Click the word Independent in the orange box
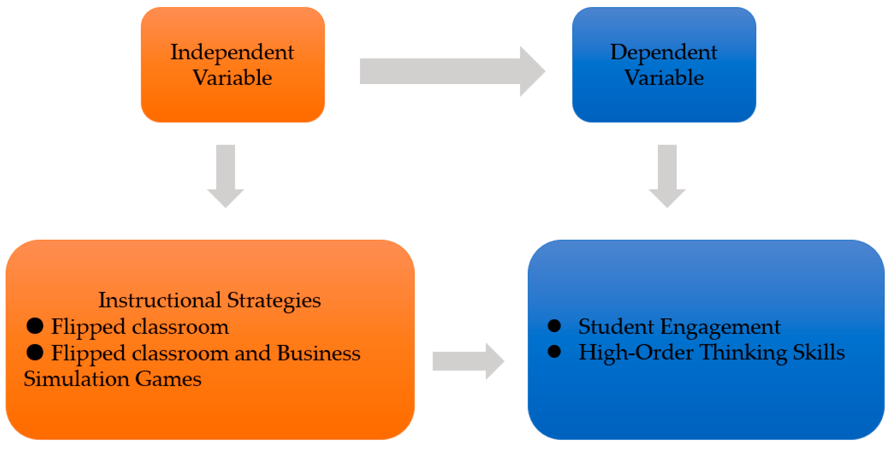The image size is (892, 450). coord(232,53)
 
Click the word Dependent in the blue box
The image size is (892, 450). coord(663,53)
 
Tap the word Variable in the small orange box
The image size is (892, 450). coord(232,78)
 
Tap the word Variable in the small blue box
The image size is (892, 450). coord(663,78)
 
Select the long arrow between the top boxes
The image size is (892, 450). coord(450,71)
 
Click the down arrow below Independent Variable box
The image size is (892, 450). coord(225,177)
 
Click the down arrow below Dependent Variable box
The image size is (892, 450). coord(667,177)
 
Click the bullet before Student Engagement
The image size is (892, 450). coord(554,325)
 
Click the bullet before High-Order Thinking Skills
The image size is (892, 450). coord(554,351)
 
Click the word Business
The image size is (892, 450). coord(319,353)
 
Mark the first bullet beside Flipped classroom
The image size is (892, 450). coord(35,326)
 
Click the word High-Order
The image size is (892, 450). coord(636,353)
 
